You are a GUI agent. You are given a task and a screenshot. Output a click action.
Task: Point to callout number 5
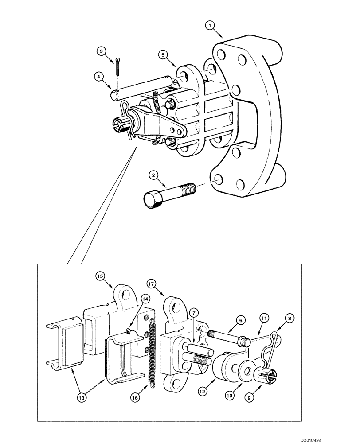point(163,55)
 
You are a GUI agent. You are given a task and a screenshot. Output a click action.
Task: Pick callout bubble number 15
point(100,276)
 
